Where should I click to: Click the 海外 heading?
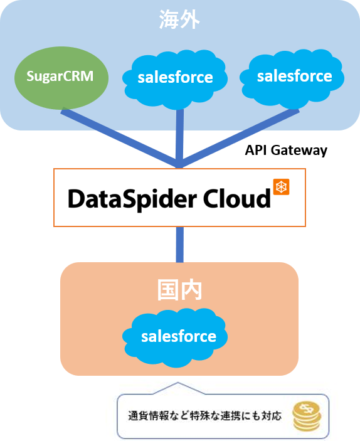point(179,19)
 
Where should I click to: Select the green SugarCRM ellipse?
point(61,78)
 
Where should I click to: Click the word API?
point(256,150)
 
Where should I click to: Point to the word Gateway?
point(299,151)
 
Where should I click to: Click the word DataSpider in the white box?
point(132,199)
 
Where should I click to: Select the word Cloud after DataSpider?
point(236,199)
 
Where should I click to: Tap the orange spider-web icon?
point(281,187)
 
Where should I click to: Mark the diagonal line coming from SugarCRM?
point(120,137)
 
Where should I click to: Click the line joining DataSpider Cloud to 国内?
point(180,245)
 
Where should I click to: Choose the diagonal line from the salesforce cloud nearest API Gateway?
point(240,138)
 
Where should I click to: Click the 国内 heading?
point(179,290)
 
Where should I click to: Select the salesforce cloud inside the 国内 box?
point(175,337)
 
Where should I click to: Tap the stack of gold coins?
point(307,417)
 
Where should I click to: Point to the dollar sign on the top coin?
point(305,408)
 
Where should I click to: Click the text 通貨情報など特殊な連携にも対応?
point(204,416)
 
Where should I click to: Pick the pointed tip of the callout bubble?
point(177,383)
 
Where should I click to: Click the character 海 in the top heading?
point(169,19)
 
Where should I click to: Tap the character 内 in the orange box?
point(191,290)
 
